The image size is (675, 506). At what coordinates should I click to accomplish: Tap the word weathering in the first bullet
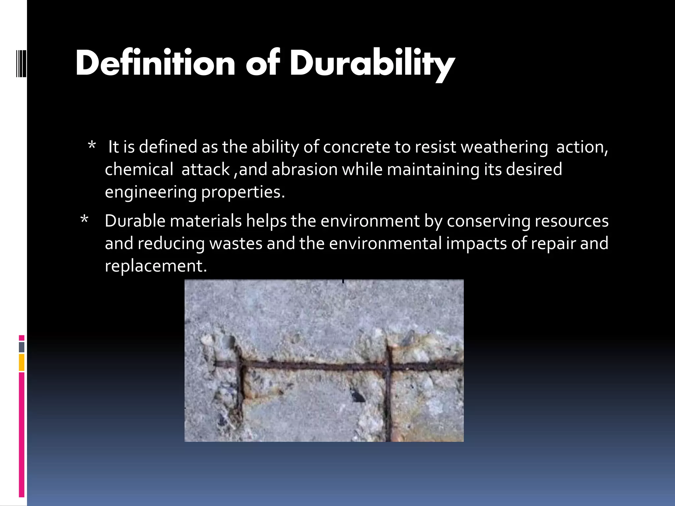[x=504, y=147]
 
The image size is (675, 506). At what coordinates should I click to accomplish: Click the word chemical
[x=139, y=169]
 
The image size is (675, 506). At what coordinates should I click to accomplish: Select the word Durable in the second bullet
[x=135, y=221]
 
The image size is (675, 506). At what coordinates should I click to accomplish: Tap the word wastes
[x=236, y=243]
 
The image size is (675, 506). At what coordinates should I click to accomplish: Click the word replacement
[x=156, y=266]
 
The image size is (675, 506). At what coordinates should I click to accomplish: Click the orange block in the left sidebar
[x=21, y=362]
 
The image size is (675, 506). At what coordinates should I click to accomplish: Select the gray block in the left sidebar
[x=21, y=347]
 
